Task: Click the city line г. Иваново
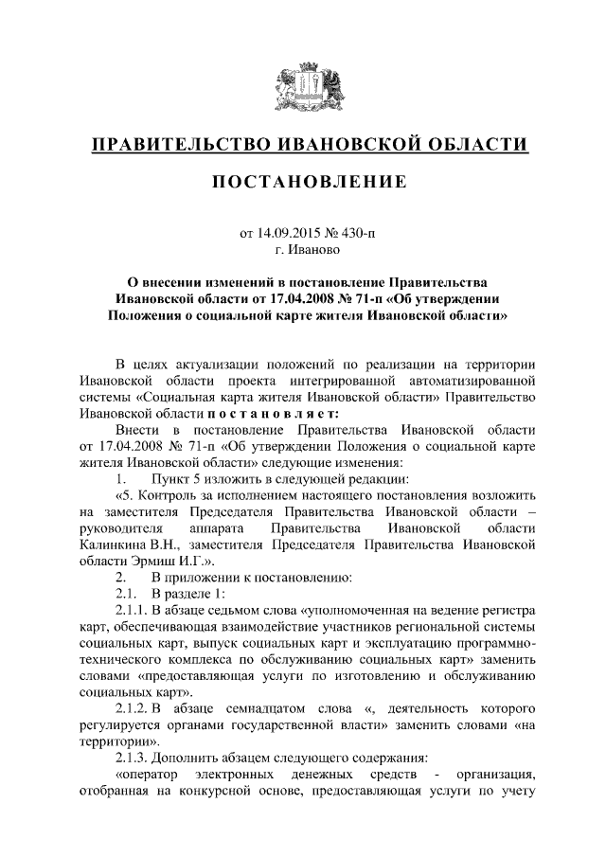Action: click(x=303, y=250)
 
